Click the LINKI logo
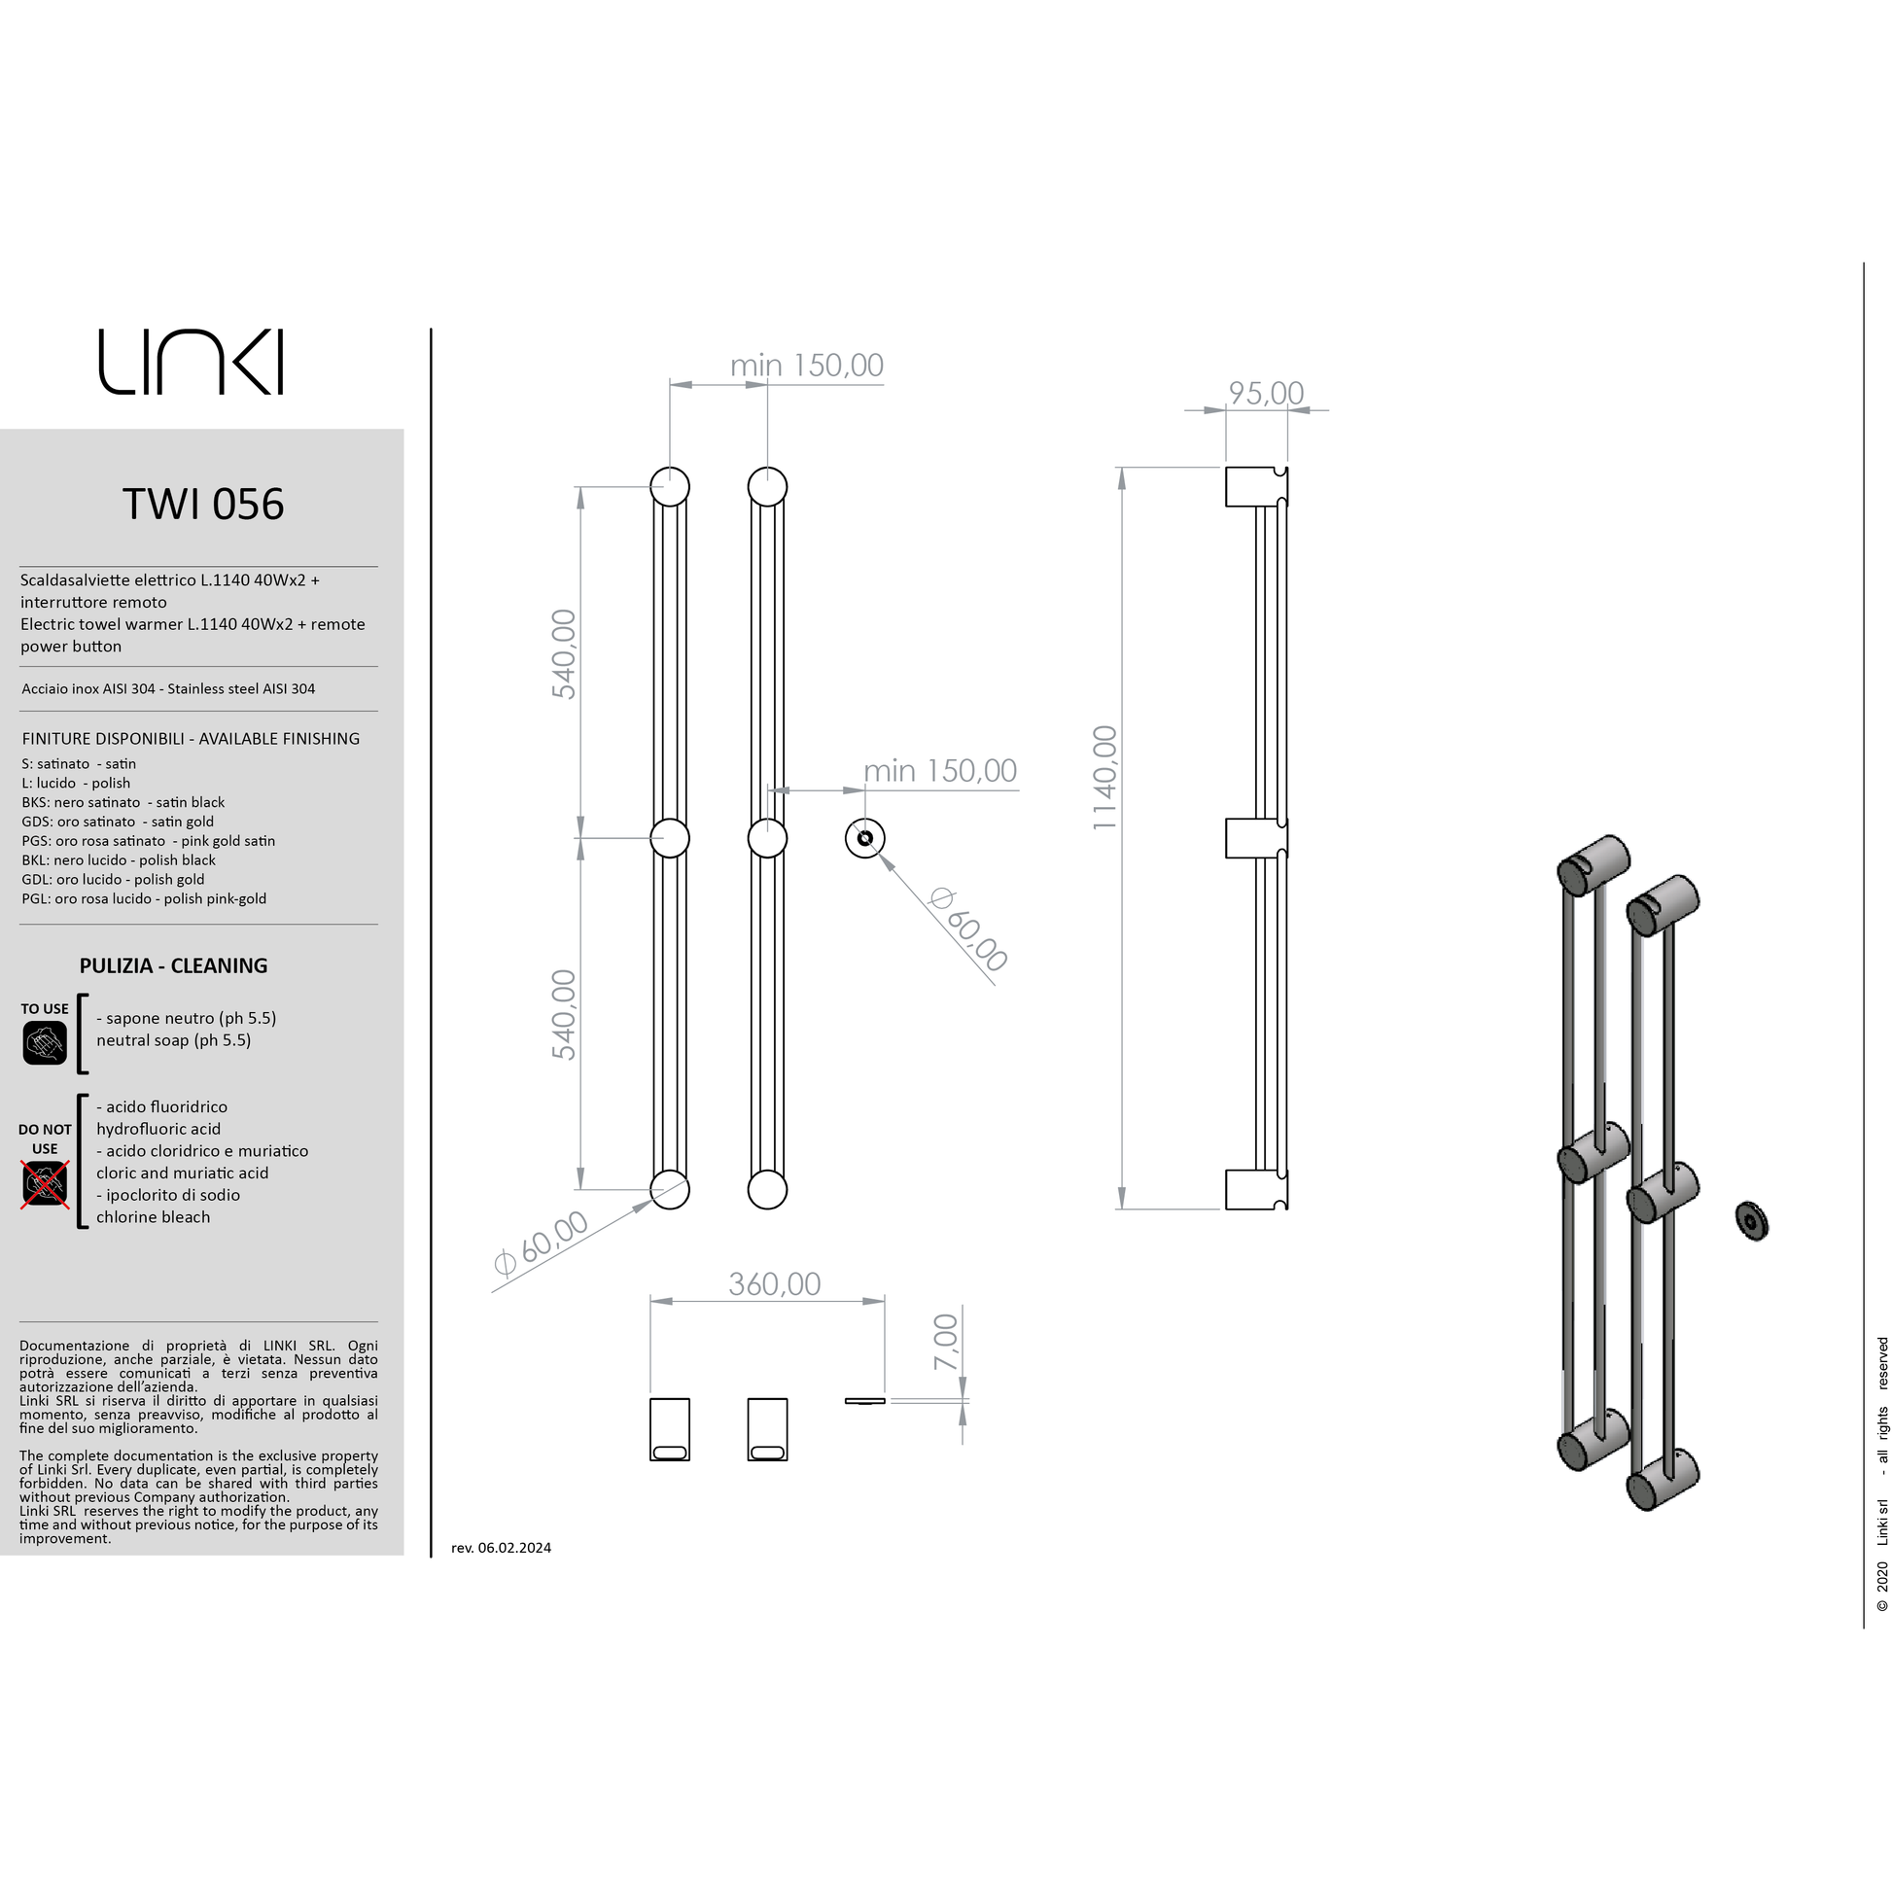(191, 362)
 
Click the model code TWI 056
(202, 505)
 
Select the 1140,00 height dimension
(1104, 779)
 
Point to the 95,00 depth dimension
(1265, 393)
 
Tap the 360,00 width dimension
(774, 1283)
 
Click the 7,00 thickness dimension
(946, 1343)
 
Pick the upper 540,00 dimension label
(564, 654)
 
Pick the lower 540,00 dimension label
(564, 1015)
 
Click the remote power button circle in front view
(864, 838)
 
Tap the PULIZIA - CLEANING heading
(173, 965)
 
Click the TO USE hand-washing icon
(45, 1043)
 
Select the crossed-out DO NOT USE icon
(45, 1184)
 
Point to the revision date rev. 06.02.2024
(502, 1547)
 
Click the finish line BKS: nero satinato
(123, 802)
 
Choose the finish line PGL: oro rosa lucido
(144, 898)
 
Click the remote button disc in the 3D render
(1751, 1220)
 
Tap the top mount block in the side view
(1255, 487)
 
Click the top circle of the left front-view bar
(670, 487)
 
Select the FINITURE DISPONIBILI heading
(191, 738)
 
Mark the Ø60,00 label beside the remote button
(967, 928)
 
